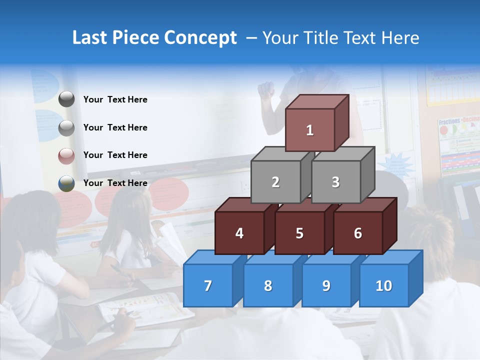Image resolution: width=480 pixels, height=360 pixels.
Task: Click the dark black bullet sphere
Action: coord(66,99)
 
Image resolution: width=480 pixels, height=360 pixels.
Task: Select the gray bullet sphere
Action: coord(66,127)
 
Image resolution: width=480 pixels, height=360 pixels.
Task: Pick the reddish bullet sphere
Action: coord(66,155)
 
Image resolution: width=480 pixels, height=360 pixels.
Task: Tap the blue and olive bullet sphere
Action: coord(66,183)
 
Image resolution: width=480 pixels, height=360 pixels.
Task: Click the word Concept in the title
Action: coord(200,38)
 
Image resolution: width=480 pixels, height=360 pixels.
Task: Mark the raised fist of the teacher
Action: coord(266,90)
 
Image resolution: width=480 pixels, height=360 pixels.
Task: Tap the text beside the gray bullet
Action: coord(115,127)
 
